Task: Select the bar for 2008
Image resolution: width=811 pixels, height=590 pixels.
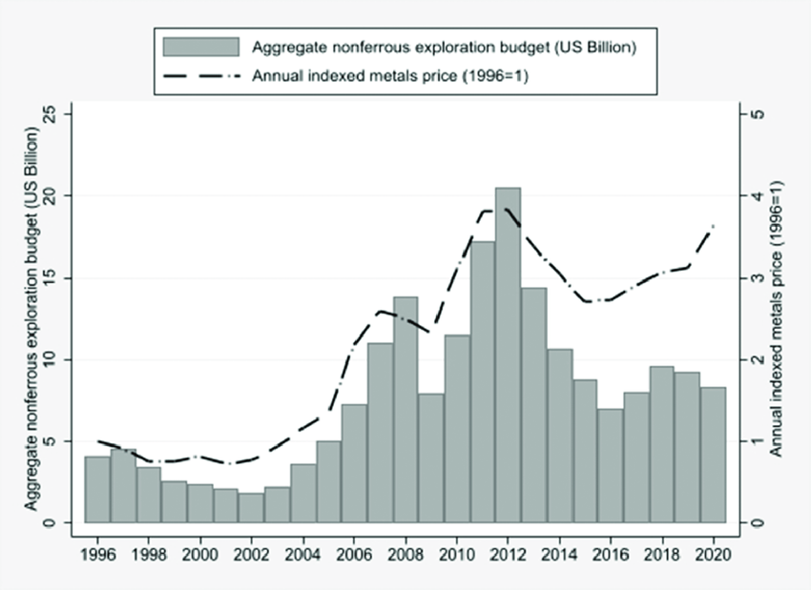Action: pyautogui.click(x=405, y=410)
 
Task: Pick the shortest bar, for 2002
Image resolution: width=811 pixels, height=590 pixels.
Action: pyautogui.click(x=251, y=507)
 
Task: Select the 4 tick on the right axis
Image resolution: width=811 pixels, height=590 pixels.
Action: pyautogui.click(x=755, y=196)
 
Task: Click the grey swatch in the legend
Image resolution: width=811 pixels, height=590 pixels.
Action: pyautogui.click(x=200, y=47)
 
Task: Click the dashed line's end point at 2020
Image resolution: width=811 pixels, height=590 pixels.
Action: pyautogui.click(x=713, y=225)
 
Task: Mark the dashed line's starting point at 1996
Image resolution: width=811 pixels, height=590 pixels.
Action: pyautogui.click(x=97, y=441)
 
